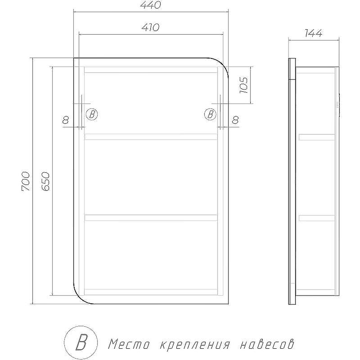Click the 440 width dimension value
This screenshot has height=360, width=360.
click(151, 5)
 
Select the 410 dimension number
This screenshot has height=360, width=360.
click(151, 27)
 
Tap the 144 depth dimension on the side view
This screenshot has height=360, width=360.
click(314, 33)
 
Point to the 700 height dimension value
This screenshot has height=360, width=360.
click(26, 181)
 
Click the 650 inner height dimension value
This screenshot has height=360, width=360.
click(45, 181)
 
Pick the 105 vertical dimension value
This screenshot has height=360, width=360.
click(244, 85)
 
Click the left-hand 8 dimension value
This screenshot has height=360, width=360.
click(66, 120)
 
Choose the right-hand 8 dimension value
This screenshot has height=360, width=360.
click(235, 120)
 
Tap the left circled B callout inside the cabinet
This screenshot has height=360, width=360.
click(92, 114)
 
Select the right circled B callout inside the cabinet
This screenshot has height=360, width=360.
click(210, 114)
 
